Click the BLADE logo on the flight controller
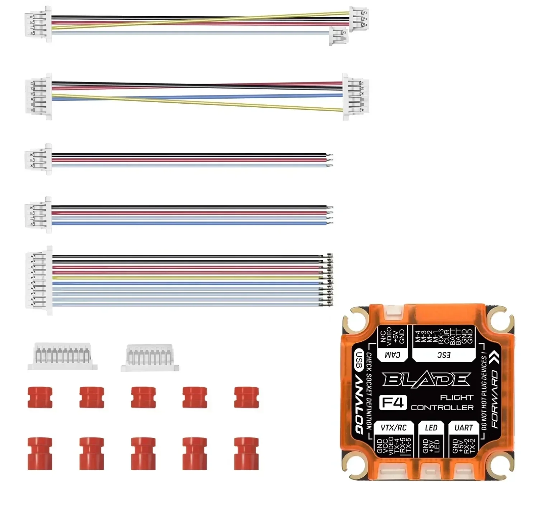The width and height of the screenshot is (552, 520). (426, 380)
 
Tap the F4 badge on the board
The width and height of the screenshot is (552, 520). (393, 403)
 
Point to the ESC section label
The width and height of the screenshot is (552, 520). (444, 355)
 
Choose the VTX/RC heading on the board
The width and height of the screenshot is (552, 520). (393, 428)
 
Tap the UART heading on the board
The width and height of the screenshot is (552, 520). (463, 428)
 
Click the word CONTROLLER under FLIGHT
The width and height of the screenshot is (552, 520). (442, 408)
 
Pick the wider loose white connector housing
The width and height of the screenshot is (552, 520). (63, 356)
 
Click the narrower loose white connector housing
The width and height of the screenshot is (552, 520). (150, 358)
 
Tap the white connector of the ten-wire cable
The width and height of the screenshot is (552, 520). (39, 281)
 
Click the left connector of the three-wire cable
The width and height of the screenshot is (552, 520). (38, 159)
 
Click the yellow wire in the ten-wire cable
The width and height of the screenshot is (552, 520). (187, 278)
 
